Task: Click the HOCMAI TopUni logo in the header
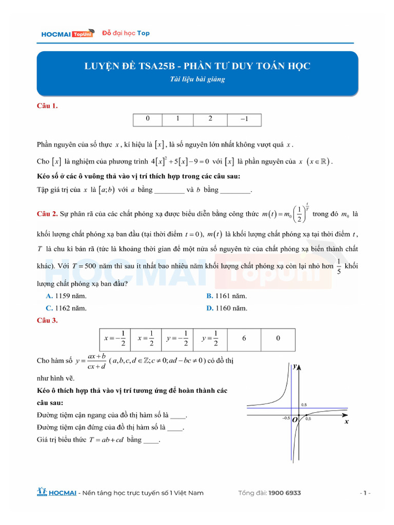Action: pos(67,34)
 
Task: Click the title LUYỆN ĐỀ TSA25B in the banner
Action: pos(197,66)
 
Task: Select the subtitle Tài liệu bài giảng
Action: pos(197,79)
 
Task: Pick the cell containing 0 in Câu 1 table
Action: pos(148,119)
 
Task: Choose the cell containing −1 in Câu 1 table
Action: pos(244,119)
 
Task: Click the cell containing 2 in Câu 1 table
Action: pos(210,119)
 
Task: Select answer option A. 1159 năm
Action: pos(66,296)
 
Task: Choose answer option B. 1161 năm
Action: pos(226,296)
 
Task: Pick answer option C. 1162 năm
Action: pos(66,308)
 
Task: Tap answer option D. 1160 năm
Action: pos(226,308)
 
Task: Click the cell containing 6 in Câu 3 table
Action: pos(244,339)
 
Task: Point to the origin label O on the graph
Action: pos(294,419)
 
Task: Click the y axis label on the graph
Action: pos(295,366)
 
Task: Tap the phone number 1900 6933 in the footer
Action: pos(284,493)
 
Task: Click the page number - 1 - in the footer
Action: pos(365,493)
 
